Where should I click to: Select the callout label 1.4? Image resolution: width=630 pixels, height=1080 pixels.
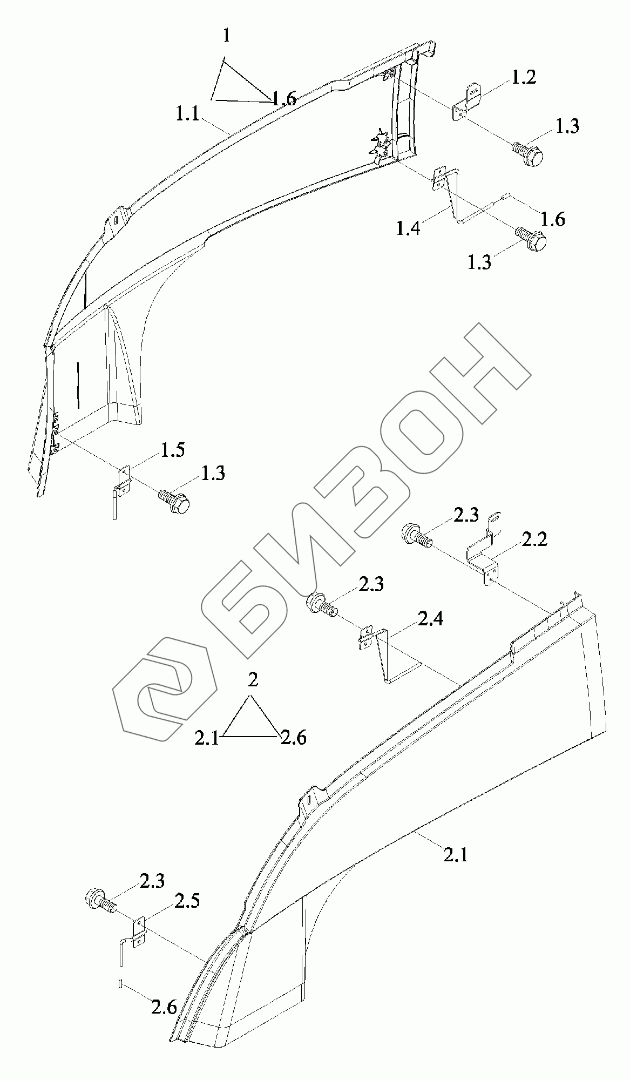click(408, 228)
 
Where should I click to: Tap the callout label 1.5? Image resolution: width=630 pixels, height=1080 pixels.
click(173, 450)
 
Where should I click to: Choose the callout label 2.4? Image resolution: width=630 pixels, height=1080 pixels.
click(430, 618)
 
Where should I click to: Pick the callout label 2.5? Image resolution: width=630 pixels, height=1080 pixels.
click(187, 901)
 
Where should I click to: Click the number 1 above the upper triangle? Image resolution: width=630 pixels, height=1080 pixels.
click(227, 37)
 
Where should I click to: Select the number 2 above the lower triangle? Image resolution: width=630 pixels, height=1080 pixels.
click(253, 680)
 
